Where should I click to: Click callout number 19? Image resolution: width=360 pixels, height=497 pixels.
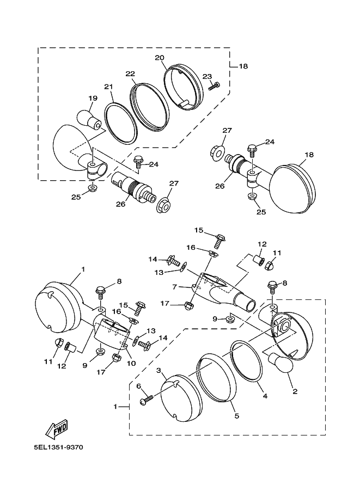[92, 98]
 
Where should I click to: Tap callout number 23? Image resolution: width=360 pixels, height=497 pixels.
[207, 76]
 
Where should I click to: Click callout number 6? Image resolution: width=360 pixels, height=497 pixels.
[139, 386]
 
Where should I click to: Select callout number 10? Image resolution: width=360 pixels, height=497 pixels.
[131, 363]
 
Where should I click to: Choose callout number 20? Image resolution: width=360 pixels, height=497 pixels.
[160, 57]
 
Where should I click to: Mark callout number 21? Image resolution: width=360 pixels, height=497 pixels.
[108, 87]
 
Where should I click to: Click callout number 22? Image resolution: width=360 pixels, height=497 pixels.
[130, 73]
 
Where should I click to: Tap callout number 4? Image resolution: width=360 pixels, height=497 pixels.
[265, 396]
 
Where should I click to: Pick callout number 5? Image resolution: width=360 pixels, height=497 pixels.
[236, 416]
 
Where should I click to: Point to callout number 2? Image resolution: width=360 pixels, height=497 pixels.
[295, 391]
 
